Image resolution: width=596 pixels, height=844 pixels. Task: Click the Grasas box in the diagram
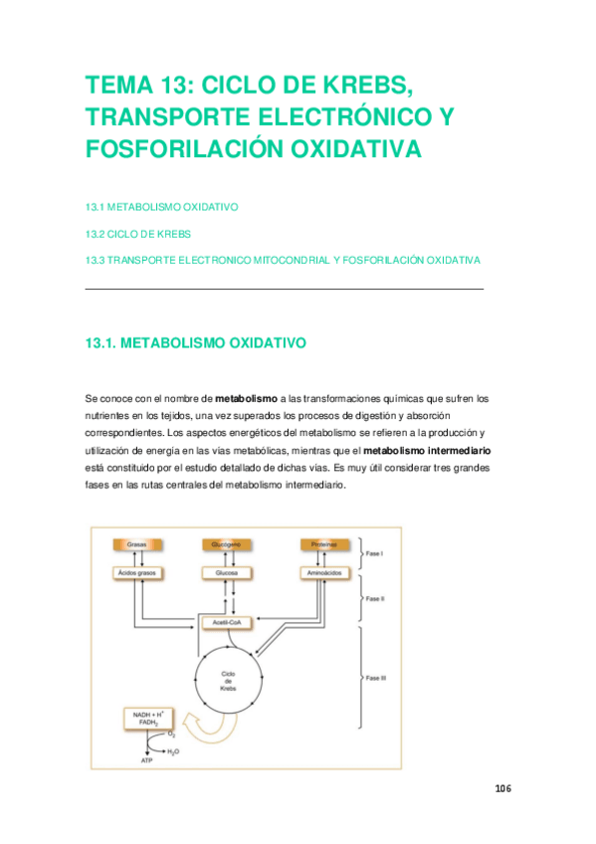point(136,544)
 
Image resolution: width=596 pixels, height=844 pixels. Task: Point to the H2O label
point(173,751)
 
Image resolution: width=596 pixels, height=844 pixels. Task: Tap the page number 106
point(501,788)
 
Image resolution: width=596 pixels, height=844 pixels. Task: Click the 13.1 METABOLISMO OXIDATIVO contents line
point(161,207)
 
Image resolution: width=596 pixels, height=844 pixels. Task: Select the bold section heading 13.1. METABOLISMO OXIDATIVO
point(196,343)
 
